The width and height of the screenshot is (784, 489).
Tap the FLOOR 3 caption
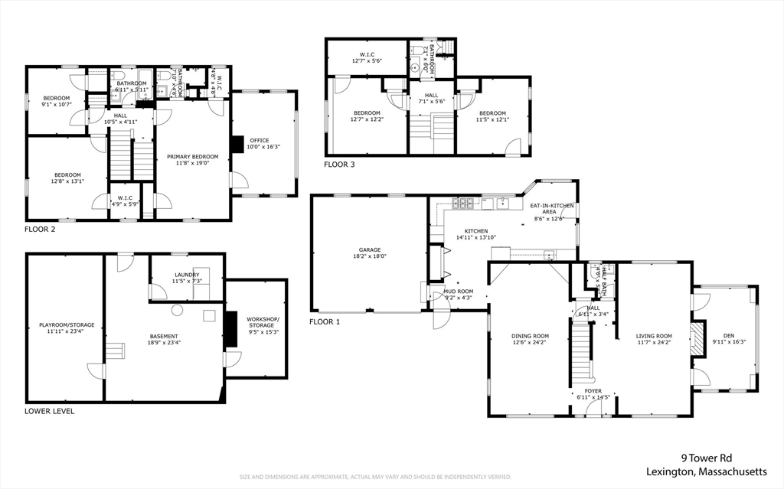pyautogui.click(x=339, y=165)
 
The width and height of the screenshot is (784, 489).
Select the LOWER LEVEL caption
pyautogui.click(x=50, y=411)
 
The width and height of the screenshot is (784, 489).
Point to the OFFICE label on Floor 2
pyautogui.click(x=260, y=140)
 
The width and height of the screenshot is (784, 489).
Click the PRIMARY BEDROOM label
pyautogui.click(x=192, y=157)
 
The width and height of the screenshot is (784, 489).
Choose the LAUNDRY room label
pyautogui.click(x=187, y=275)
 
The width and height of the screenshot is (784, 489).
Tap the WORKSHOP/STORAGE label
pyautogui.click(x=263, y=322)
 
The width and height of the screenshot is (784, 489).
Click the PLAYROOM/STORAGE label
pyautogui.click(x=65, y=325)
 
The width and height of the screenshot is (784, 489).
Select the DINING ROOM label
pyautogui.click(x=531, y=336)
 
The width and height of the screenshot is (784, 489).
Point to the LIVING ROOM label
pyautogui.click(x=654, y=336)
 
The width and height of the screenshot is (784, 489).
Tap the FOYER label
pyautogui.click(x=592, y=390)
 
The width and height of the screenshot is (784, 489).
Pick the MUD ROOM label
pyautogui.click(x=459, y=292)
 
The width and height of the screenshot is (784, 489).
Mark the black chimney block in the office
pyautogui.click(x=237, y=145)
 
